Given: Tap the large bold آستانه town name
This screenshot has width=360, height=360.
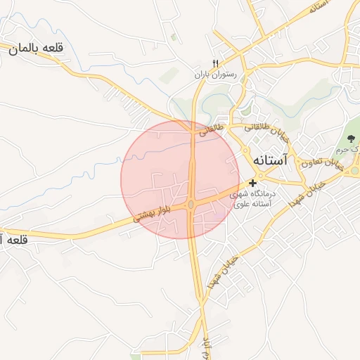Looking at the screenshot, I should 269,161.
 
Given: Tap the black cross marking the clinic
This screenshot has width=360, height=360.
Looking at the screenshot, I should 253,184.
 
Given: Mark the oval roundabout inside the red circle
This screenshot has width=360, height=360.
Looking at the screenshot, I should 191,205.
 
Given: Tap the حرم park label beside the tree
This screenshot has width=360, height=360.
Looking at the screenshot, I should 355,150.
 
